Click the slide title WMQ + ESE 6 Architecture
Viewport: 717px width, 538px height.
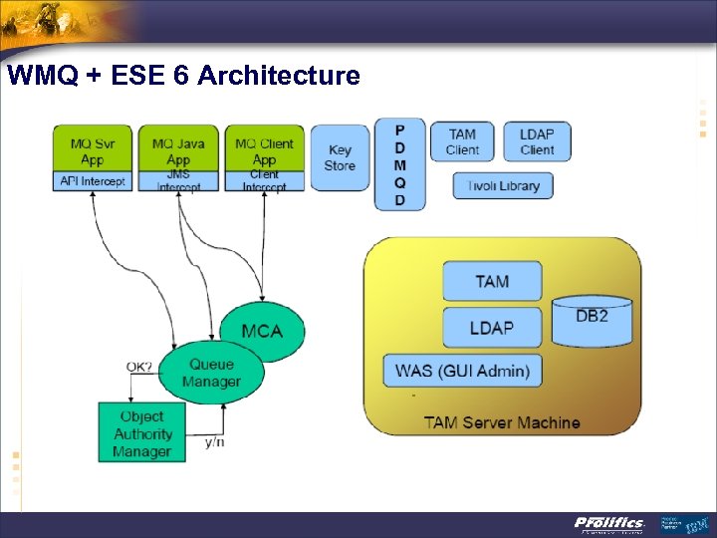(x=183, y=75)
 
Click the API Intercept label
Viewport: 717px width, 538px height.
(x=92, y=181)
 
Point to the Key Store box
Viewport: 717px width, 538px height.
(x=340, y=157)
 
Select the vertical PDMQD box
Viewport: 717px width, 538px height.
(x=399, y=164)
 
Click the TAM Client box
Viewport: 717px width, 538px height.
(x=462, y=141)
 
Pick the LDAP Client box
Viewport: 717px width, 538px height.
(x=537, y=141)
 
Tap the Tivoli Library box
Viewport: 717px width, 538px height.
(x=503, y=185)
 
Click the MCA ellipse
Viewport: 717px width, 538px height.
(x=262, y=330)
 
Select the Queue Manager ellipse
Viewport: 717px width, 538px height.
(x=211, y=373)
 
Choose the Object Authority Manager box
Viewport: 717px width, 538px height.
(x=141, y=433)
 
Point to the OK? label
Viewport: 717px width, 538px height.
(x=139, y=367)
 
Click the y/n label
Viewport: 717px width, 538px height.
(x=214, y=441)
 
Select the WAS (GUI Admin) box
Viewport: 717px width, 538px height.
(x=463, y=371)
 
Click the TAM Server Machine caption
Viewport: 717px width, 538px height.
(x=502, y=422)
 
